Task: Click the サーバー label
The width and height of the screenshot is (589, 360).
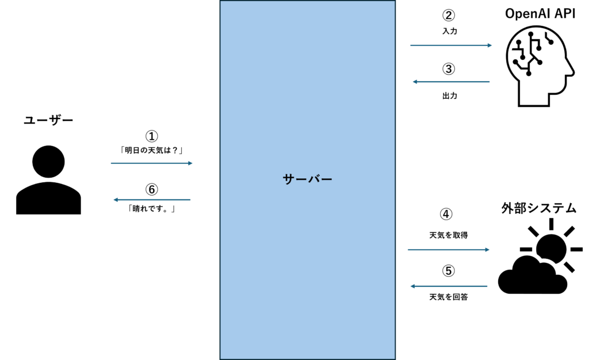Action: pos(308,179)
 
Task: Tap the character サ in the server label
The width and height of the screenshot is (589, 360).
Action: pos(289,179)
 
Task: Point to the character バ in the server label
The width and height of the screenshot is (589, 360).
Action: pos(313,179)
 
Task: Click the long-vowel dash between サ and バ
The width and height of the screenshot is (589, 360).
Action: pos(301,179)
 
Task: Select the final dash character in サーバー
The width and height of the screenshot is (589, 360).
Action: pos(326,179)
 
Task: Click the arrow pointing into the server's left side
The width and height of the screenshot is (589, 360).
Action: pos(152,163)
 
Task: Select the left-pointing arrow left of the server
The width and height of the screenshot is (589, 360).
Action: pos(152,200)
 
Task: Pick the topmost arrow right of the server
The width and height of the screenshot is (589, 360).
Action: pos(451,45)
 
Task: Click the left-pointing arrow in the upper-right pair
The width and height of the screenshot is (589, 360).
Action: pos(451,82)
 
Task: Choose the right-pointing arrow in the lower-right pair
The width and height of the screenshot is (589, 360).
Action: pos(449,250)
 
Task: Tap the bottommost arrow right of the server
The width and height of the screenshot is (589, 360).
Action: pos(449,286)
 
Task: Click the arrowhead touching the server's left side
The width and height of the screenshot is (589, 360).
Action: pos(191,163)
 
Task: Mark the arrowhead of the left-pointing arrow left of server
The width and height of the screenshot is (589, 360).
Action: pos(115,200)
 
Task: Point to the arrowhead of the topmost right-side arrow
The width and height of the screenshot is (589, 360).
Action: pos(490,45)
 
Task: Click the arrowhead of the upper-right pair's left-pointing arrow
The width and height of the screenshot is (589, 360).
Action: pos(414,82)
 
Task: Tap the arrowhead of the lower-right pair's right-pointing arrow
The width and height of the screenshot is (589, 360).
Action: pos(488,250)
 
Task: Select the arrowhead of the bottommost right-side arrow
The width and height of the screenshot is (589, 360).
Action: pos(412,286)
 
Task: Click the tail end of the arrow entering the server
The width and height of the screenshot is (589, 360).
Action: pos(112,163)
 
